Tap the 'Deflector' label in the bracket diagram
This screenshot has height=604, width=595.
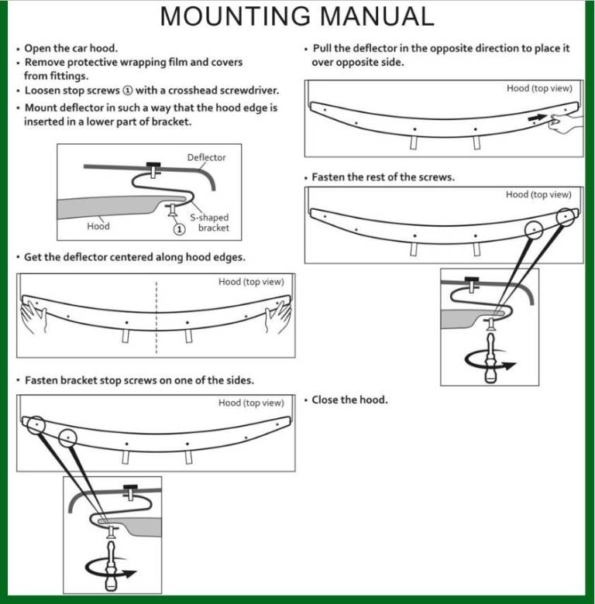[206, 158]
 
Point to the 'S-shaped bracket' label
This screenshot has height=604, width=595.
[210, 223]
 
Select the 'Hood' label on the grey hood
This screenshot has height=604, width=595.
[98, 226]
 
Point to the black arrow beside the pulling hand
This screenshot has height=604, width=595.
[538, 118]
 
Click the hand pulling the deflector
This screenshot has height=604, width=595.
[564, 122]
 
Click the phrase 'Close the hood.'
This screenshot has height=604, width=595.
[349, 400]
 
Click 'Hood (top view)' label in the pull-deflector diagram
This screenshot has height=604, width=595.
[539, 88]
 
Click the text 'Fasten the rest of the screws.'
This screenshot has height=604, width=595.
[383, 177]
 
